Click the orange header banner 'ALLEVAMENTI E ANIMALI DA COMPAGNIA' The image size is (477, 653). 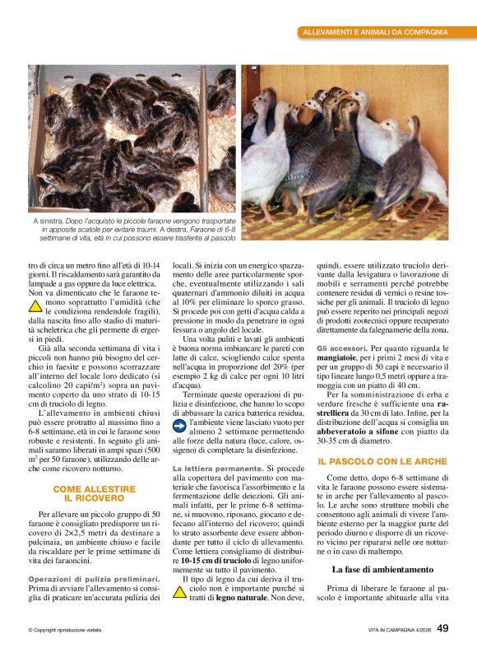point(375,32)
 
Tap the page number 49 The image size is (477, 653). point(442,628)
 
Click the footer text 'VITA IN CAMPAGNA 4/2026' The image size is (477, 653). point(400,630)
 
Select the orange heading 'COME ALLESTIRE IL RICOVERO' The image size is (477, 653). point(94,493)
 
